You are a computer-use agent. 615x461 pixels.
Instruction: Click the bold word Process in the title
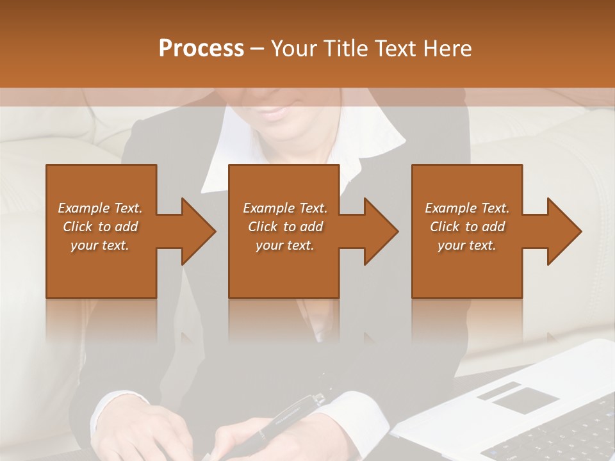tap(201, 48)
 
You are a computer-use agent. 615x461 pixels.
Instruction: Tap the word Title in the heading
tap(344, 48)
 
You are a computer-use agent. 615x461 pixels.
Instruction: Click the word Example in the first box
tap(83, 208)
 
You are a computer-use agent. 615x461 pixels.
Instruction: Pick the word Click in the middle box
tap(262, 227)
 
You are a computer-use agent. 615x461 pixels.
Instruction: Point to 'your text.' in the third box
tap(467, 245)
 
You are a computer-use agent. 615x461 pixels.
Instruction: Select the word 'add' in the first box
tap(127, 227)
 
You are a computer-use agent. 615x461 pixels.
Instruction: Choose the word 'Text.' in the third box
tap(495, 208)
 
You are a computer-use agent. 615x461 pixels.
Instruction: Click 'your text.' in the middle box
tap(285, 245)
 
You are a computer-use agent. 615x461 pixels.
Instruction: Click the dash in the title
tap(258, 48)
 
